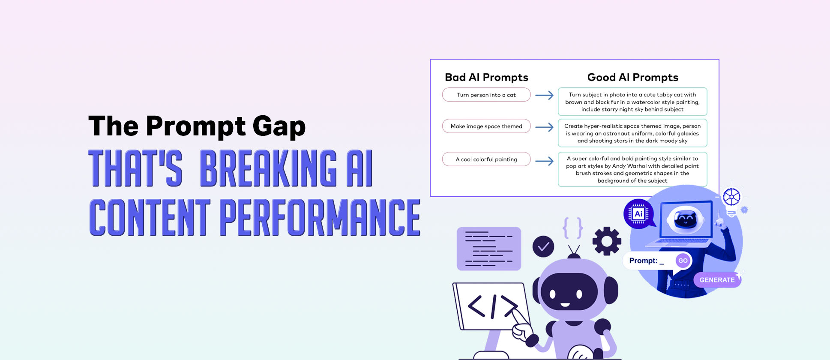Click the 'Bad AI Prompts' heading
click(486, 78)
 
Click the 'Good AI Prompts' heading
click(632, 78)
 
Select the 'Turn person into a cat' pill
click(486, 95)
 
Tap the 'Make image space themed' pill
click(486, 126)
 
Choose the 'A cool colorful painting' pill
click(486, 159)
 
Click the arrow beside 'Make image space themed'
click(544, 127)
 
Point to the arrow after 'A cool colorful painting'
click(544, 161)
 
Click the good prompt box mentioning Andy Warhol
click(632, 169)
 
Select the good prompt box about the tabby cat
click(632, 102)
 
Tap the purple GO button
click(683, 261)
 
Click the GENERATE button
click(717, 280)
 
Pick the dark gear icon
click(607, 241)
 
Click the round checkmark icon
click(543, 246)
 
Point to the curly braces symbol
click(573, 228)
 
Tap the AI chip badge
click(638, 213)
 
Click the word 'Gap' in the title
click(279, 126)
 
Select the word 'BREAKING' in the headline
click(269, 168)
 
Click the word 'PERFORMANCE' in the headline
click(320, 217)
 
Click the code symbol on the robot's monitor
click(493, 306)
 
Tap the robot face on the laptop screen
click(685, 219)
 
